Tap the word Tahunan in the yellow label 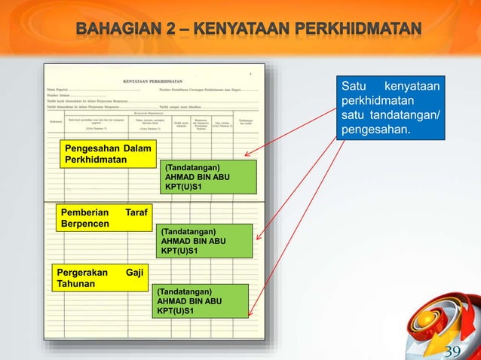75,284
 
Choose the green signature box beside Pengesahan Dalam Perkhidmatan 208,176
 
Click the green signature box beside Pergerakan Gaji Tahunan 200,301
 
